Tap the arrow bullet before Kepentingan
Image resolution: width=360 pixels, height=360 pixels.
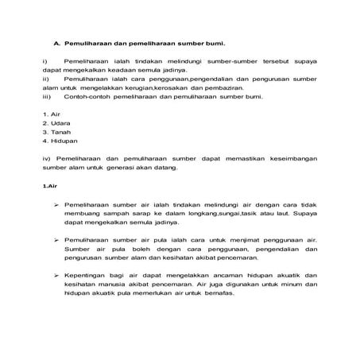point(57,276)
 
